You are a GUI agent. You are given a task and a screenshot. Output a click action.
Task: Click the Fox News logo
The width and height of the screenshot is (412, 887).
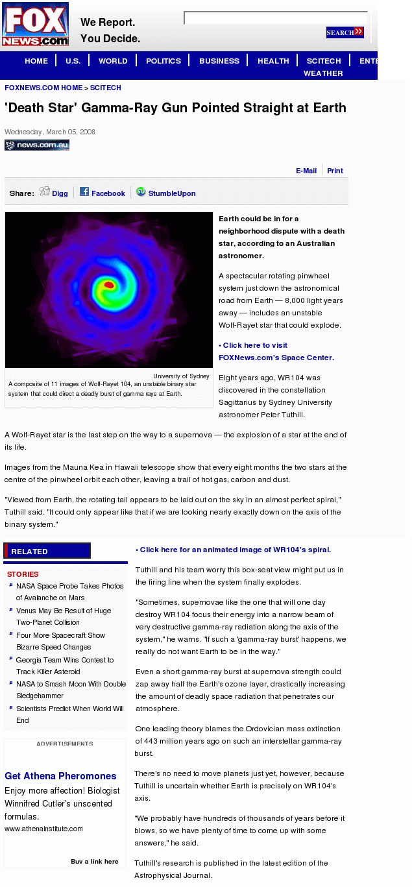point(35,25)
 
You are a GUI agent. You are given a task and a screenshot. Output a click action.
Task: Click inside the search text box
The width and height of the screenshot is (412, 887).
point(275,18)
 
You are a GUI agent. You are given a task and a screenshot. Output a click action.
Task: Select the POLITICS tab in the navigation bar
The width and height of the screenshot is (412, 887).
point(164,61)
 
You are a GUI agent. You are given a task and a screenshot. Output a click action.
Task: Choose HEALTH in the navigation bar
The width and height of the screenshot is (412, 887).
point(273,61)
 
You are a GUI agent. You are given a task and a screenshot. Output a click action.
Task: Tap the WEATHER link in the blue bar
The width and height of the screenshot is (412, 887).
point(323,73)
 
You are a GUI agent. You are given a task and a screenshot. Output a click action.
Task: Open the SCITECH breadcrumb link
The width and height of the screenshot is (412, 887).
point(105,88)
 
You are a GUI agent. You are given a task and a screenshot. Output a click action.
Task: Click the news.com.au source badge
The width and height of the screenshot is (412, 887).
point(37,145)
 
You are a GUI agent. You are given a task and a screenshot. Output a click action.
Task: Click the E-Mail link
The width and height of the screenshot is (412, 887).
point(306,171)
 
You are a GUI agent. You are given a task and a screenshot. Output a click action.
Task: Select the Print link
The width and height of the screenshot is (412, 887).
point(335,171)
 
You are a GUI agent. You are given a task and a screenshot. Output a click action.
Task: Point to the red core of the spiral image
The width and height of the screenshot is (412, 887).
point(109,285)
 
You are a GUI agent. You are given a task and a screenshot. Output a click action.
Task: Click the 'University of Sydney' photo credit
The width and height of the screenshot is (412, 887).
point(181,376)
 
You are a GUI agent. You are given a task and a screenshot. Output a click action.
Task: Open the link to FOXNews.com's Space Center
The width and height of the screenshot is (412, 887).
point(276,352)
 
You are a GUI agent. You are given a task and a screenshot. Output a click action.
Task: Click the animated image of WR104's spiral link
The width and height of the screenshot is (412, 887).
point(235,550)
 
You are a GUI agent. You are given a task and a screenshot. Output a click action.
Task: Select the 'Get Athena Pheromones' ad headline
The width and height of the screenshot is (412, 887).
point(60,776)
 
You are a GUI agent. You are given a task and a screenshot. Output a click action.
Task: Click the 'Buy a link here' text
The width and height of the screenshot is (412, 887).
point(95,862)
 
